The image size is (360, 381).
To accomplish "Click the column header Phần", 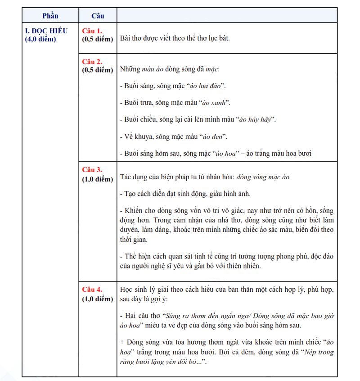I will (50, 16).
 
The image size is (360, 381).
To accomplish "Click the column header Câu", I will (98, 16).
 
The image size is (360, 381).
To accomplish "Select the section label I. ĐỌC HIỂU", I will (46, 31).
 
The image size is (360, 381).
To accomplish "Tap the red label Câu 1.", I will (92, 31).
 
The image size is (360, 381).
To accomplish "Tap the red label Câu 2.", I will (92, 61).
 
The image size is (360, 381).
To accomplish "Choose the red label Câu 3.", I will (92, 170).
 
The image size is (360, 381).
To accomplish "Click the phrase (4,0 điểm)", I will (40, 39).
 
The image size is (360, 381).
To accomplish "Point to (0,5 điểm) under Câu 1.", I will (97, 39).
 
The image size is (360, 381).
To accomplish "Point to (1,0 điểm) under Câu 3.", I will (97, 179).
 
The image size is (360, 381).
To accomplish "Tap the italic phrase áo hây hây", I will (256, 119).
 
